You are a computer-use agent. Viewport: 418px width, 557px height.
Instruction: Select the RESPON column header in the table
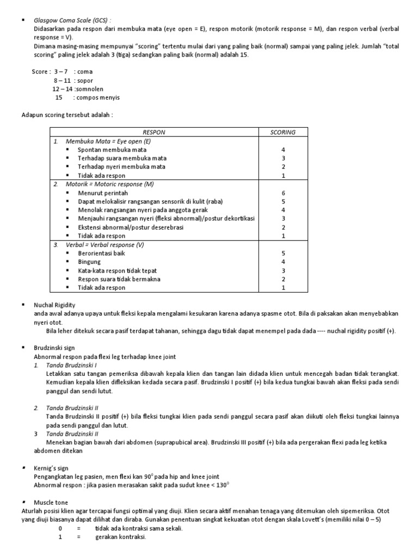point(153,132)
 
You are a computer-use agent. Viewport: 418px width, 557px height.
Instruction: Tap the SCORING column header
point(283,132)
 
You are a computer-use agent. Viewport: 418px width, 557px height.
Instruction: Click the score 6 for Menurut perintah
point(283,193)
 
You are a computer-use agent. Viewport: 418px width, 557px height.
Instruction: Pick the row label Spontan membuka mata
point(112,150)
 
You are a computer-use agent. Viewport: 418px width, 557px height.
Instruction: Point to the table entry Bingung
point(89,262)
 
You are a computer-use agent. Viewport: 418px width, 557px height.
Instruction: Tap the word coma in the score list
point(85,71)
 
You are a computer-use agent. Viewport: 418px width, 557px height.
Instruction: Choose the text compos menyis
point(99,97)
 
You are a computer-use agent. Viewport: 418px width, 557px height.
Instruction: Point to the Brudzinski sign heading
point(54,347)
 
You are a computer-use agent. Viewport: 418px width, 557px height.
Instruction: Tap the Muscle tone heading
point(51,503)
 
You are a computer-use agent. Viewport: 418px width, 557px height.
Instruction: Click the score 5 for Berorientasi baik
point(283,253)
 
